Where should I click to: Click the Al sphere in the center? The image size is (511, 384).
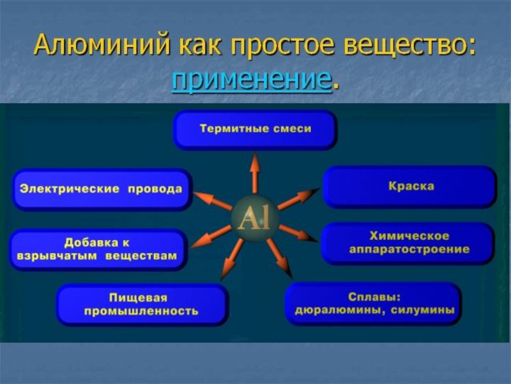(254, 220)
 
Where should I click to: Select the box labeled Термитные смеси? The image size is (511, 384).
(255, 129)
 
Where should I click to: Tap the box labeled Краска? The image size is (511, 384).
(410, 186)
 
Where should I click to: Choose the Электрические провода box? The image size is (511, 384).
(102, 189)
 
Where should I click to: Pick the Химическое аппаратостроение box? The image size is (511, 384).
(408, 243)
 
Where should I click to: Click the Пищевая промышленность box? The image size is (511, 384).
(142, 305)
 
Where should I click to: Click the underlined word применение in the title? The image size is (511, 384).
(252, 81)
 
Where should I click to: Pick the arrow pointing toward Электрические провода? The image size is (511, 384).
(213, 200)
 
